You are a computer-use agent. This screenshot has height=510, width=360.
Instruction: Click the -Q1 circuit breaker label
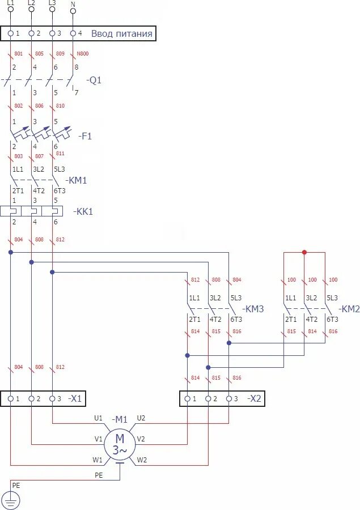click(x=94, y=80)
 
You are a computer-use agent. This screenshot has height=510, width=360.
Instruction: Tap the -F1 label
click(x=86, y=136)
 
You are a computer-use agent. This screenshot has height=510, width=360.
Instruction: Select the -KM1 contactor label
click(x=77, y=180)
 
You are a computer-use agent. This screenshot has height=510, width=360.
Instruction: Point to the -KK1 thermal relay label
click(x=83, y=211)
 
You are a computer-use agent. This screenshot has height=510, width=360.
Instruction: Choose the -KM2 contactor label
click(x=350, y=309)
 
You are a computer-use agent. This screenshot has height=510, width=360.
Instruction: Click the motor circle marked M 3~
click(x=120, y=444)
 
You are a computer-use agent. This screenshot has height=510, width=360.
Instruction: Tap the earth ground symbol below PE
click(x=11, y=500)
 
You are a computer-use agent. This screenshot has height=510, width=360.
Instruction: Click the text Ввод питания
click(x=121, y=33)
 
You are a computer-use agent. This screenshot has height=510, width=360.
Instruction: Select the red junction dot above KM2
click(x=304, y=252)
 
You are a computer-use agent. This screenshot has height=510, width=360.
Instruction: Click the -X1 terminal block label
click(x=75, y=398)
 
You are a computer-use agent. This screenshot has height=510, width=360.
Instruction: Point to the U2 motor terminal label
click(x=141, y=418)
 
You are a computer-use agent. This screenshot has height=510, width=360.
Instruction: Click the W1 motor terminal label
click(x=98, y=460)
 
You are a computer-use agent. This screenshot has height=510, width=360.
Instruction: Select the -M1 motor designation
click(x=120, y=419)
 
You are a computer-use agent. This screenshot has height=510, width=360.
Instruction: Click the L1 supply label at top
click(x=11, y=3)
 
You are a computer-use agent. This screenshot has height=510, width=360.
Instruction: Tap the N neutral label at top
click(x=73, y=4)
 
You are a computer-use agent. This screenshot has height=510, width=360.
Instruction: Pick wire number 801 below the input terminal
click(x=18, y=54)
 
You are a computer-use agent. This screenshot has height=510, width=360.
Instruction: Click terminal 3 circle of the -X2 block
click(x=228, y=398)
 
